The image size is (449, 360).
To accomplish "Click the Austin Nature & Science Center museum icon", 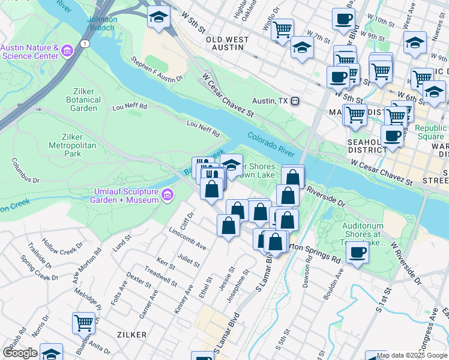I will (67, 51).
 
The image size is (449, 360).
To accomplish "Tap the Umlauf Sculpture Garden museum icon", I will (167, 194).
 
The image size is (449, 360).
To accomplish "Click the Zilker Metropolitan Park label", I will (73, 145).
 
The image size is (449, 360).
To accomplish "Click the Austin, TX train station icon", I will (295, 101).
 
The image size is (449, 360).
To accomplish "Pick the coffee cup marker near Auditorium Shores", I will (357, 253).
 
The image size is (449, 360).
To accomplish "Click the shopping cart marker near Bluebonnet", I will (83, 323).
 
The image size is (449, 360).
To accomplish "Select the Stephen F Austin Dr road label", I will (157, 70).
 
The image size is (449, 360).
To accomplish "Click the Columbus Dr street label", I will (25, 171).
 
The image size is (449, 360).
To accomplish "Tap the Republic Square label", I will (430, 133).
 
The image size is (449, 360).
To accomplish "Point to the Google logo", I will (20, 353).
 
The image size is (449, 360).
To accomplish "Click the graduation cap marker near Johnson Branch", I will (158, 19).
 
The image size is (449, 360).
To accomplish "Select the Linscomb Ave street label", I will (188, 238).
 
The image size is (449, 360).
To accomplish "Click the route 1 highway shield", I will (86, 44).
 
